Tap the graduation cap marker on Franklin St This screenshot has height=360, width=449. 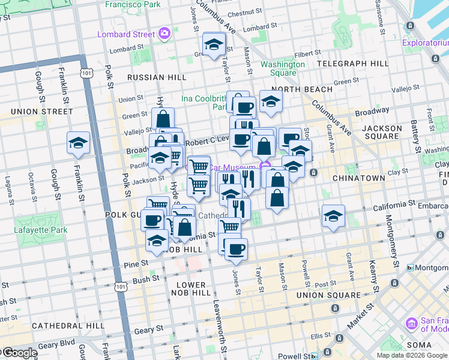point(79,143)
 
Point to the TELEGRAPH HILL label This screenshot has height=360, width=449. point(352,63)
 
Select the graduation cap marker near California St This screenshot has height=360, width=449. point(333,217)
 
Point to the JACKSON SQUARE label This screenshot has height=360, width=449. point(382,133)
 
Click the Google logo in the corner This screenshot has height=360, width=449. point(19,353)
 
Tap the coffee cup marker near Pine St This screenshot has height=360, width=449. point(237,249)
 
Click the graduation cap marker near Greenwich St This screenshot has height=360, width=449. point(213,45)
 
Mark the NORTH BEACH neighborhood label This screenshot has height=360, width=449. point(306,89)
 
